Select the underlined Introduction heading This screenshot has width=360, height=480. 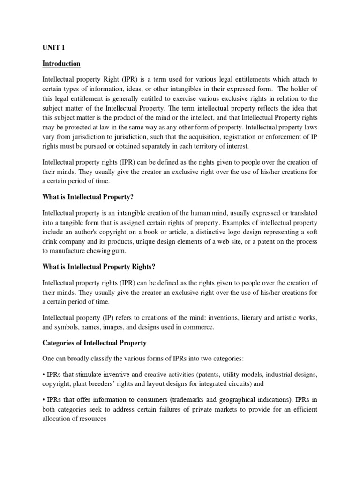coord(61,64)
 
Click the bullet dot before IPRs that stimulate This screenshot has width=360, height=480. coord(44,375)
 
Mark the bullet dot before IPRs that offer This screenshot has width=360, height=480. coord(44,400)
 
